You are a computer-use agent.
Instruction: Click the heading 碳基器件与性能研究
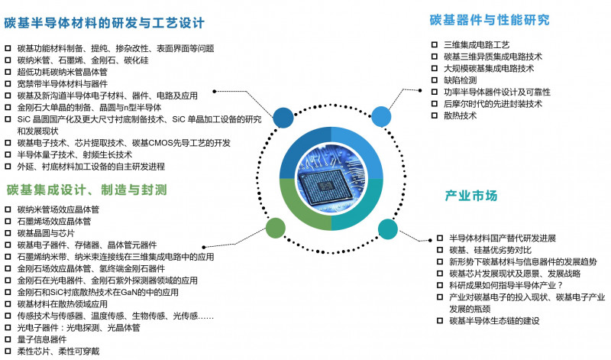[x=489, y=20]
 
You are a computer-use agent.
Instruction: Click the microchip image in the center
[x=330, y=178]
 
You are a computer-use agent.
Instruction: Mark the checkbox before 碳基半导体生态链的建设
[x=439, y=321]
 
